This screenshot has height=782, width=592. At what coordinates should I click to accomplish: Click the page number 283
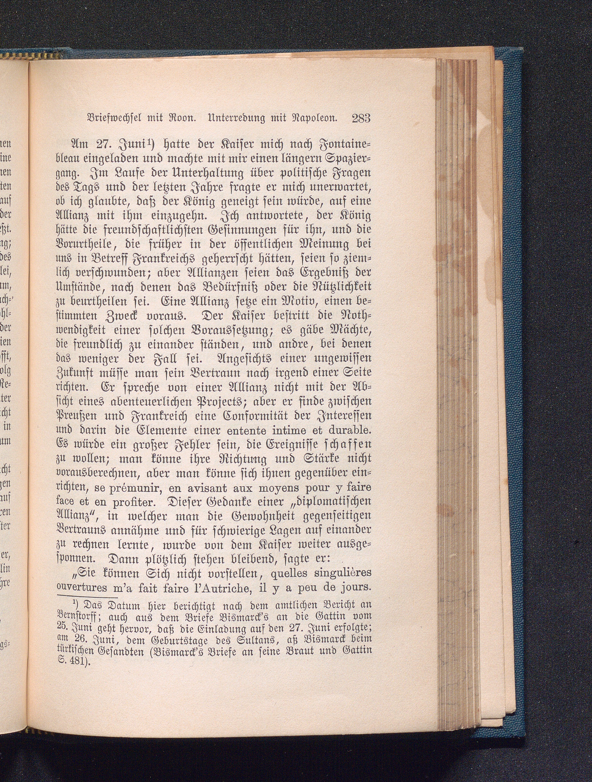point(361,118)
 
